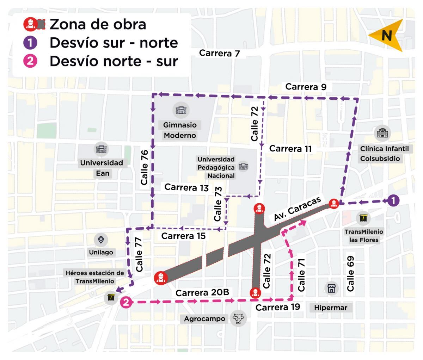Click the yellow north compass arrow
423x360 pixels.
tap(386, 36)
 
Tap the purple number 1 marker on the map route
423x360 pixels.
tap(393, 201)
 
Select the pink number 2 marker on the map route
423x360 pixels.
tap(126, 302)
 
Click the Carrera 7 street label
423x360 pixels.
tap(219, 53)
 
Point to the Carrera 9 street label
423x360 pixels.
tap(306, 87)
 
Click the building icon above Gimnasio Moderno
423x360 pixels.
tap(181, 111)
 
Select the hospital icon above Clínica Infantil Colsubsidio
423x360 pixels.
tap(383, 133)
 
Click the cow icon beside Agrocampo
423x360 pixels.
tap(238, 318)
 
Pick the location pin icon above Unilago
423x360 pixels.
tap(101, 240)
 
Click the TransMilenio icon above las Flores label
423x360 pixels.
tap(363, 219)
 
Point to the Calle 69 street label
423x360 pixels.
tap(350, 273)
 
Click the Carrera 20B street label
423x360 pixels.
tap(202, 293)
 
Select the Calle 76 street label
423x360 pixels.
tap(145, 167)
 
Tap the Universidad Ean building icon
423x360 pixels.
tap(102, 150)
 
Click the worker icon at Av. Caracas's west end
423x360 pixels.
tap(160, 278)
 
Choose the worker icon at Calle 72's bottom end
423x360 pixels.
tap(255, 293)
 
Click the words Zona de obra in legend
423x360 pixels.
tap(98, 24)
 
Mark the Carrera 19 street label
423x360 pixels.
tap(277, 307)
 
